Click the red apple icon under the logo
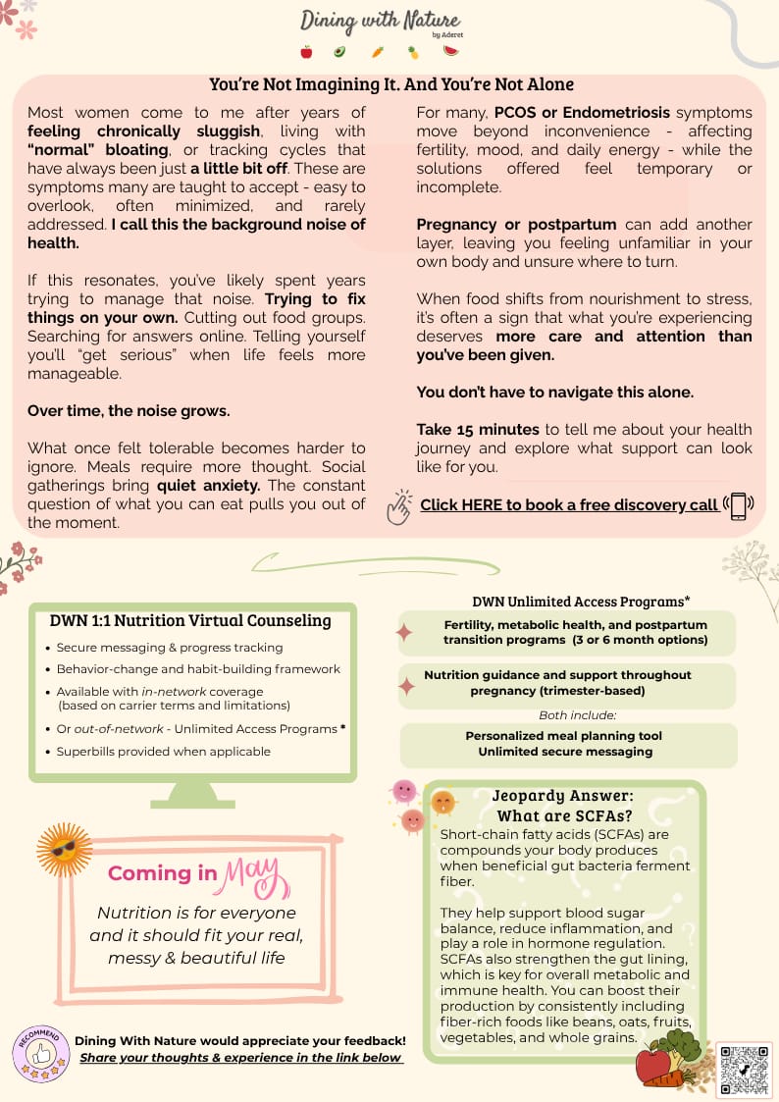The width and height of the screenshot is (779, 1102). (x=306, y=52)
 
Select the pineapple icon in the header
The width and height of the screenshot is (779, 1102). (x=413, y=52)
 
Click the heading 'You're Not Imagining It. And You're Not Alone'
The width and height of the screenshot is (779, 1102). (x=391, y=84)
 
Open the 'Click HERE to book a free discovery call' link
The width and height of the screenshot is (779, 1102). (x=569, y=504)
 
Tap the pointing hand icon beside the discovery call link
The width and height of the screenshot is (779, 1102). (x=398, y=507)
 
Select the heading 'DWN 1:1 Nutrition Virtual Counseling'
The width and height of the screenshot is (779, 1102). (x=190, y=620)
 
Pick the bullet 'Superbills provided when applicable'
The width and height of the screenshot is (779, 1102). (x=164, y=751)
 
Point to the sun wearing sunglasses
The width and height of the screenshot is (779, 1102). (x=65, y=850)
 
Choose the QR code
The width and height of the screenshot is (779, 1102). (x=745, y=1069)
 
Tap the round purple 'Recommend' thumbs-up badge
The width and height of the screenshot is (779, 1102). (x=40, y=1053)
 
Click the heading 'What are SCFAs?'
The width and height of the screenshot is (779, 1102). (x=562, y=815)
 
